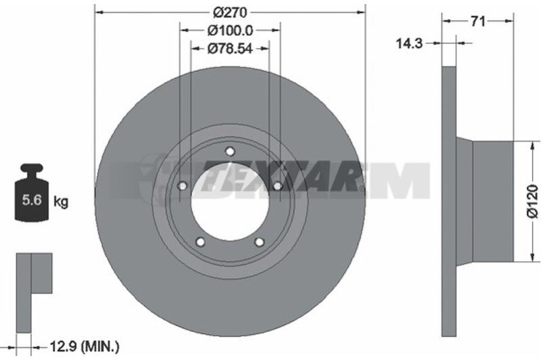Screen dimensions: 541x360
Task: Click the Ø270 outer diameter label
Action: pos(230,12)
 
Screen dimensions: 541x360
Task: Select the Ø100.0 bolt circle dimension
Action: pos(230,30)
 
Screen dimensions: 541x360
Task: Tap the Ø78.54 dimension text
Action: pos(230,49)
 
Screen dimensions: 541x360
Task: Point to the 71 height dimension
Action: pos(478,22)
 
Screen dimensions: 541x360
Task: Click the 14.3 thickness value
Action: pos(409,43)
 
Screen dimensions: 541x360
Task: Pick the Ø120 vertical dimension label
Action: pos(532,201)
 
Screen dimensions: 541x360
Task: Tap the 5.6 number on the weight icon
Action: pos(32,200)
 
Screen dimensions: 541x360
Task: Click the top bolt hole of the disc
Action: pos(230,152)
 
